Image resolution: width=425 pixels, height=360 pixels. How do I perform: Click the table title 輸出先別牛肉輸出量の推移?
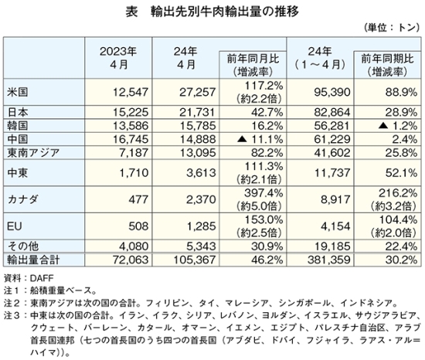(x=224, y=12)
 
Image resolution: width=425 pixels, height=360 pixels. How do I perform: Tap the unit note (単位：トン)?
(x=392, y=28)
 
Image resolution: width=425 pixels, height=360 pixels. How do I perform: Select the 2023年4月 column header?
(x=118, y=58)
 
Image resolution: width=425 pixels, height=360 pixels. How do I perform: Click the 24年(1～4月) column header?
(x=320, y=58)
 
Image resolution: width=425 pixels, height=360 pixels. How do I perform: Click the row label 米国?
(x=17, y=92)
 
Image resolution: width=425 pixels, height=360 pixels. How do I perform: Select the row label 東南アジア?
(x=33, y=153)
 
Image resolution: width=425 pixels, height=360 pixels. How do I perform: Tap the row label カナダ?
(x=22, y=199)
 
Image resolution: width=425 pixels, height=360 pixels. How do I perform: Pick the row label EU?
(x=15, y=226)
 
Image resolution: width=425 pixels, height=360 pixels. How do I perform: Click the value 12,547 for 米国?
(x=131, y=92)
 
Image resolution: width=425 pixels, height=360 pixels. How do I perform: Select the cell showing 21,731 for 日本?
(x=197, y=112)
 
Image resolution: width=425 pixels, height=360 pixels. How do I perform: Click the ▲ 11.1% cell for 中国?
(x=260, y=139)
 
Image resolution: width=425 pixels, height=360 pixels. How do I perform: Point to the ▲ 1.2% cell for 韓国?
(x=398, y=126)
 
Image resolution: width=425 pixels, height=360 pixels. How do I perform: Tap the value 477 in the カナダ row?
(x=138, y=199)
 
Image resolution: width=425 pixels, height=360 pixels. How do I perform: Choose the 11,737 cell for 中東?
(x=332, y=172)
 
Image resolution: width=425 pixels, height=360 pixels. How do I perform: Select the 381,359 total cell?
(x=328, y=260)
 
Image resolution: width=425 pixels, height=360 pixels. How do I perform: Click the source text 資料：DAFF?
(x=29, y=278)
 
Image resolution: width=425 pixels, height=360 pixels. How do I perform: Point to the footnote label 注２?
(x=11, y=303)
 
